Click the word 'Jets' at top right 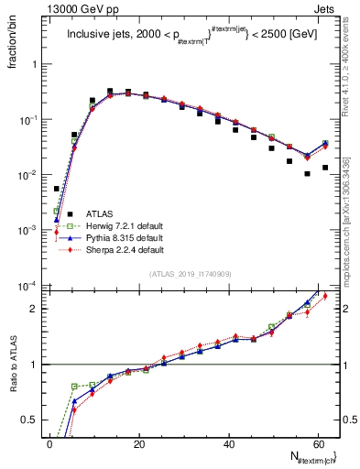323,9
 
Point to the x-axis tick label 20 139,443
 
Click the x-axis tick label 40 228,443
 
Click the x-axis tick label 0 50,443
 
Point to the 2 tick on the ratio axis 37,309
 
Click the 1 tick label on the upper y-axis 37,65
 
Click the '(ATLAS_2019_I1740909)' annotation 191,274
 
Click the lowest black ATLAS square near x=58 308,174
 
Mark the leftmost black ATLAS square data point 57,189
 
